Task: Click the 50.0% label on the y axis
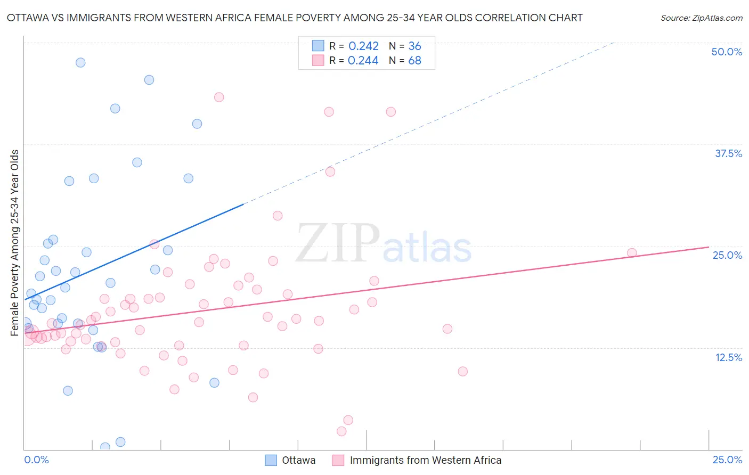click(x=727, y=52)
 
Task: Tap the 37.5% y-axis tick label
click(x=728, y=153)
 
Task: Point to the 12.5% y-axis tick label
click(x=728, y=357)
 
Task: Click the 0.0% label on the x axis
click(x=36, y=460)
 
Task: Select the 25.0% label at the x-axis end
click(x=727, y=460)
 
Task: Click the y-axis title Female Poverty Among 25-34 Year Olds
click(x=15, y=243)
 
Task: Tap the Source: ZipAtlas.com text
click(x=701, y=18)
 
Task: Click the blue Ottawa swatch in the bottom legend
click(x=271, y=460)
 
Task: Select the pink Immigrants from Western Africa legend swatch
click(x=338, y=460)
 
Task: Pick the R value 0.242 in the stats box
click(x=363, y=46)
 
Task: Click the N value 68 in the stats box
click(x=414, y=61)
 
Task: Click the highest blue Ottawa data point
click(x=80, y=62)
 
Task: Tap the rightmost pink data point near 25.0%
click(x=632, y=253)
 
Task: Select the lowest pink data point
click(x=341, y=431)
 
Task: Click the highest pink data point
click(x=219, y=97)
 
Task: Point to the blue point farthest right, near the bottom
click(x=214, y=382)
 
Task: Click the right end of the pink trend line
click(x=709, y=247)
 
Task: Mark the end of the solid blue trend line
click(x=243, y=204)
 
